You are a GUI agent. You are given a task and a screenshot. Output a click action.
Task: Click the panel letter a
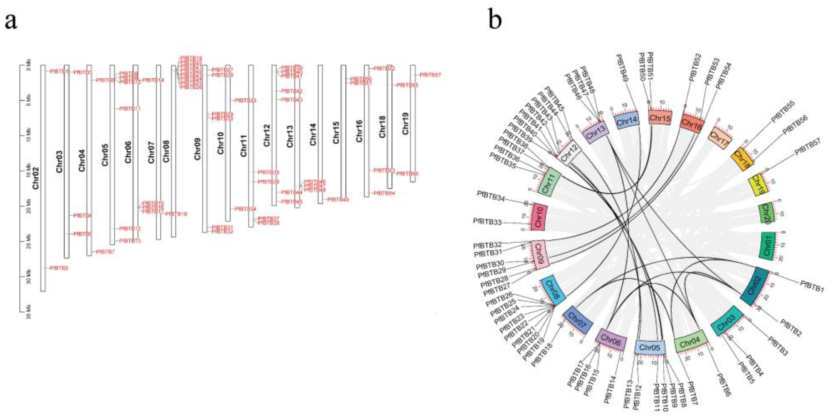tap(11, 22)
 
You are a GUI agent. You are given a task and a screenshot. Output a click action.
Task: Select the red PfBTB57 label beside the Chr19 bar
tap(430, 75)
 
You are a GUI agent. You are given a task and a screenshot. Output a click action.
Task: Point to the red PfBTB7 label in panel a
tap(105, 251)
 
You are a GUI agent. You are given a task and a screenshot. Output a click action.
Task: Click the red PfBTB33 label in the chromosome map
tap(245, 100)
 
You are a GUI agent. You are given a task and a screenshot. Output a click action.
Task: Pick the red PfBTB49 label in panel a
tap(338, 200)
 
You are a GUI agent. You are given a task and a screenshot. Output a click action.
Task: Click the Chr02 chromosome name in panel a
tap(36, 178)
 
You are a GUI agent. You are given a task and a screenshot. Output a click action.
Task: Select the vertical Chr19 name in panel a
tap(406, 123)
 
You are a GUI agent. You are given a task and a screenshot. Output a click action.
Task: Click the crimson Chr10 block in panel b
tap(538, 216)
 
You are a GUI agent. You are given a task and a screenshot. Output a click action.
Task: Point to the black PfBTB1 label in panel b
tap(812, 287)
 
